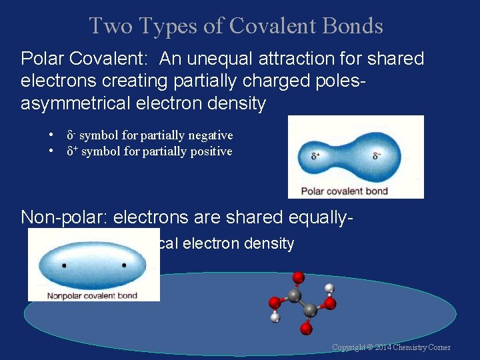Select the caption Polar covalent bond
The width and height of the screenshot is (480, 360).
344,191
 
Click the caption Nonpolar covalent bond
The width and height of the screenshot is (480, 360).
93,295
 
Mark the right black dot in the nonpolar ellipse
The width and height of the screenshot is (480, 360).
124,265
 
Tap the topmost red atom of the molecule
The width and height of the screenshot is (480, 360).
298,277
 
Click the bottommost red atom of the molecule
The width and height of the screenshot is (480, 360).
306,329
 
